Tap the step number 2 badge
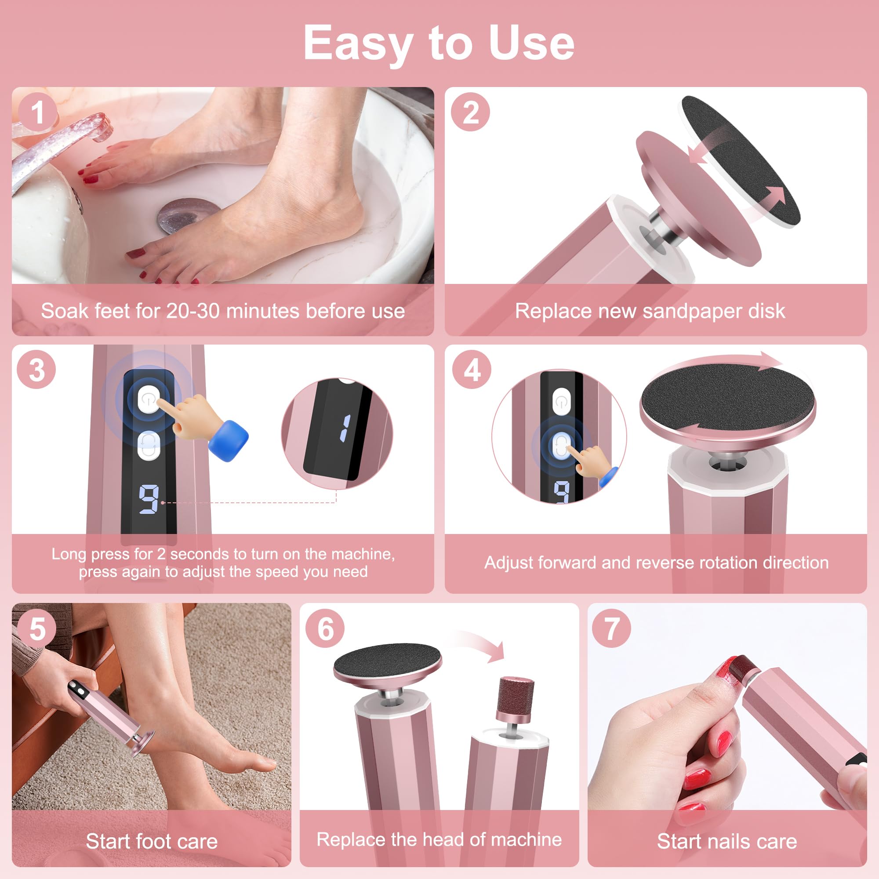point(470,112)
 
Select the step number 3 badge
point(36,370)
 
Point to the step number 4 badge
point(472,370)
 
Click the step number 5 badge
point(37,629)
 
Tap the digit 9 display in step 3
point(149,499)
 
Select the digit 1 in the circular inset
point(345,428)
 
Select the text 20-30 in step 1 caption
point(193,311)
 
